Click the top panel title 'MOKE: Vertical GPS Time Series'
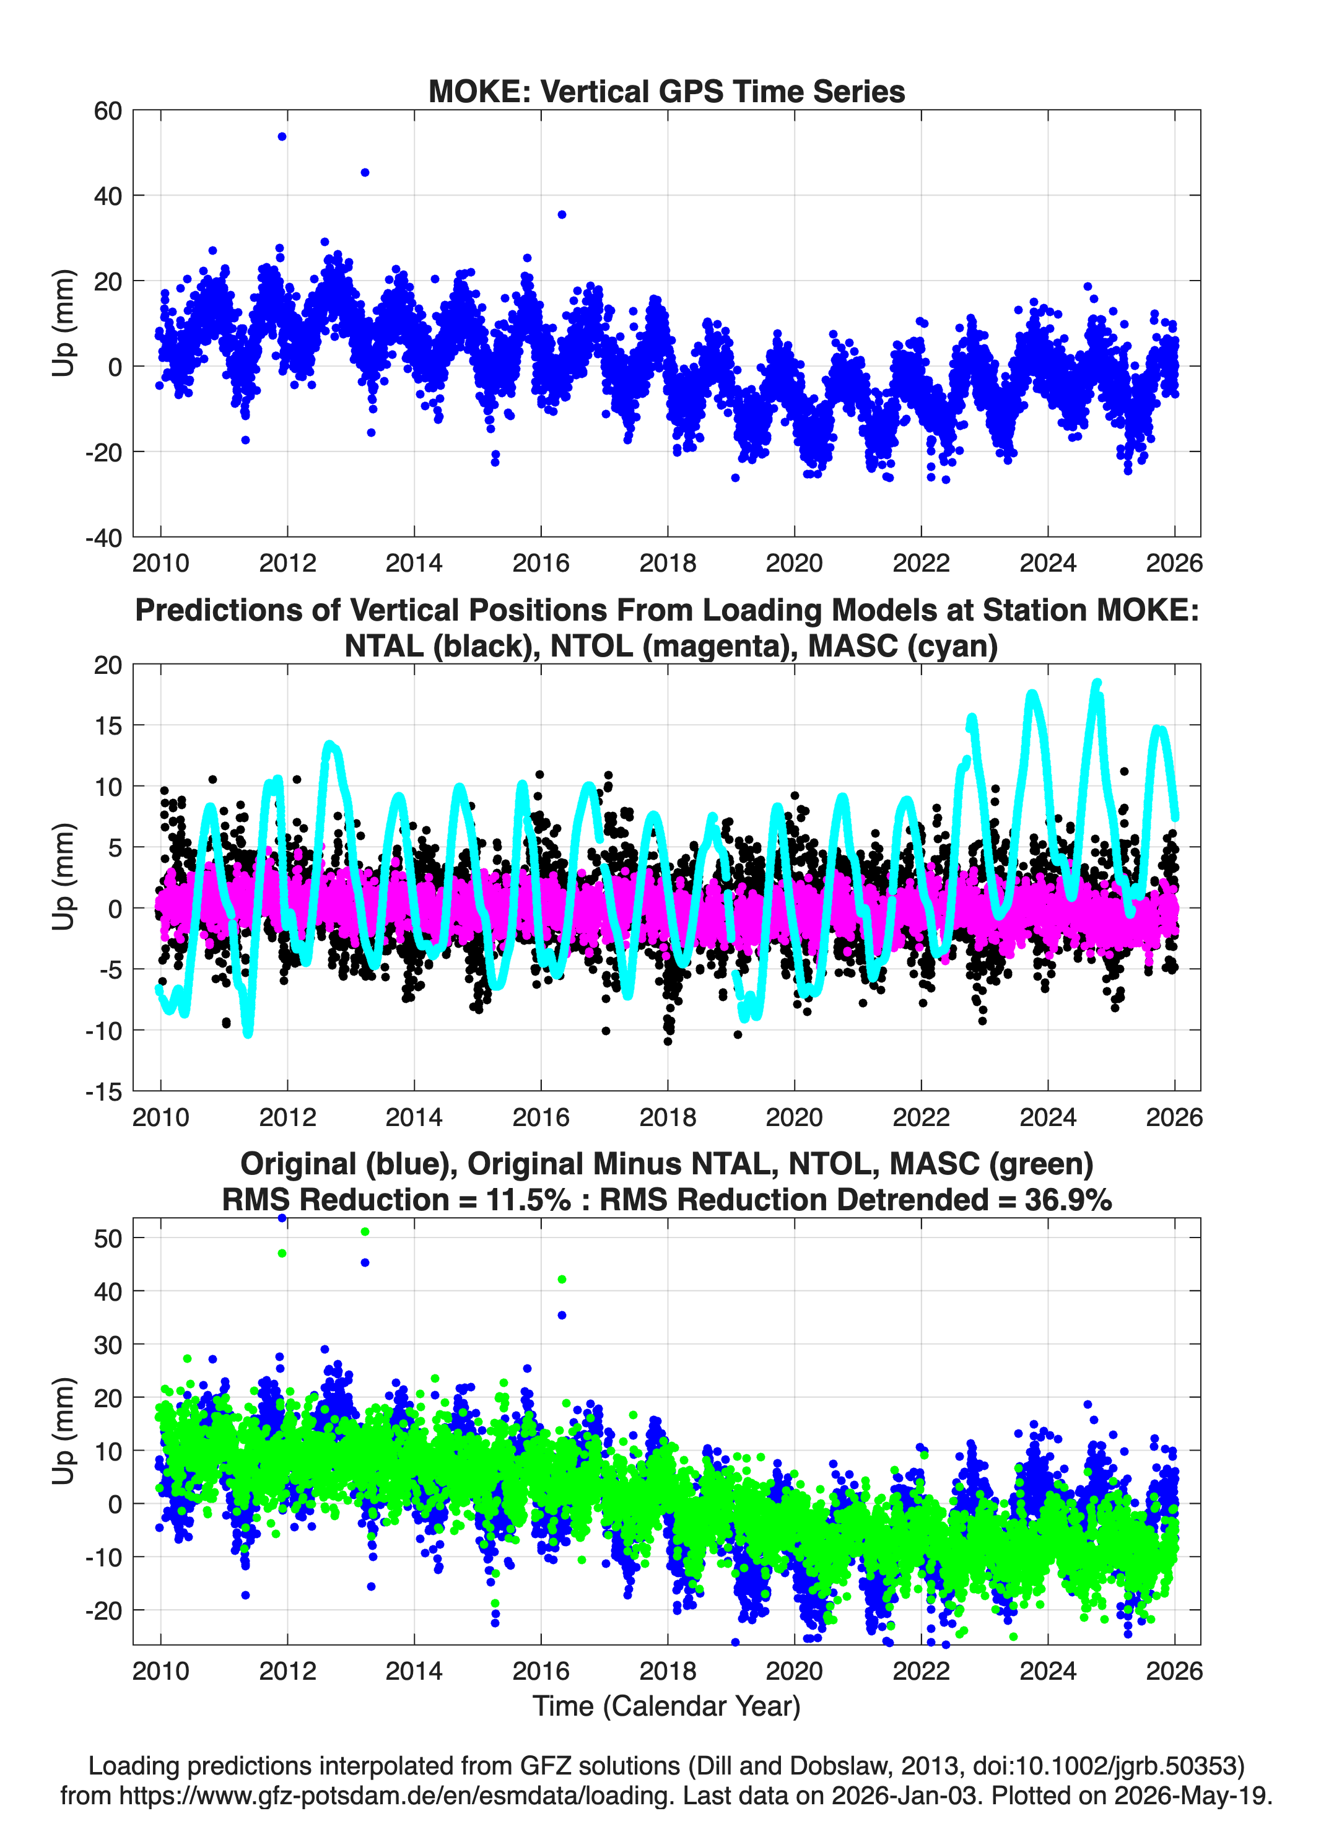(x=666, y=91)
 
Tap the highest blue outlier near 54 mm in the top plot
(x=282, y=137)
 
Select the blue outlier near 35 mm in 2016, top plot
(x=562, y=215)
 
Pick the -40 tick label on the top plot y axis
(x=103, y=538)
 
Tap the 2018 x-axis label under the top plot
(x=668, y=563)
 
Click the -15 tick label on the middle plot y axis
(x=103, y=1092)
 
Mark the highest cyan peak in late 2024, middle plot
(x=1097, y=684)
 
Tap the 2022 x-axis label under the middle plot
(x=921, y=1117)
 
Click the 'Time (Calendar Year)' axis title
(x=667, y=1706)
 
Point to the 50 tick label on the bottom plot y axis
(x=108, y=1239)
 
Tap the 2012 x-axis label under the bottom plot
(x=287, y=1670)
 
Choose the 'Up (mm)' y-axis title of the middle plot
(x=64, y=877)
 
